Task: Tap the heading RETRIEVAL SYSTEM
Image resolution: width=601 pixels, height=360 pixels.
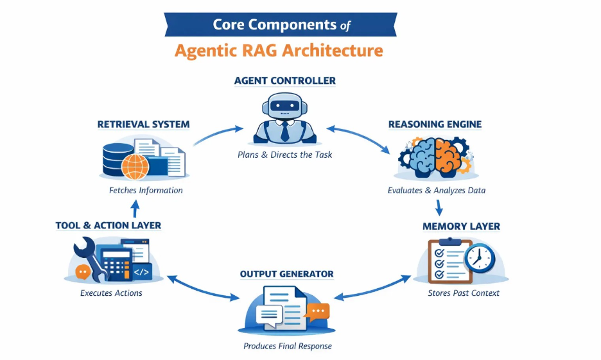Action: coord(143,124)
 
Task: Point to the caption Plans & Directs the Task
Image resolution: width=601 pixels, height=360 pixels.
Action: coord(284,155)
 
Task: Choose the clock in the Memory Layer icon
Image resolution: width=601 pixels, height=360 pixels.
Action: coord(480,258)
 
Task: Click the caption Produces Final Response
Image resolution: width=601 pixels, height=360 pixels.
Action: coord(287,347)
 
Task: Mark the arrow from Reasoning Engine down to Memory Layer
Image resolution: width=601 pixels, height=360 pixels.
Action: coord(439,207)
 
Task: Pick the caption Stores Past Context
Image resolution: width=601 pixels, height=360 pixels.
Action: coord(463,293)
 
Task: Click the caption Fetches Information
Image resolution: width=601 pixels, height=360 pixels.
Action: coord(146,191)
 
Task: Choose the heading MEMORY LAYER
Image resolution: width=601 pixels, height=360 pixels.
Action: coord(460,227)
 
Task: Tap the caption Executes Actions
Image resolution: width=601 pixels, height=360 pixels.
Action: coord(111,293)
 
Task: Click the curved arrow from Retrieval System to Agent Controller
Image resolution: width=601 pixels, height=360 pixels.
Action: coord(218,133)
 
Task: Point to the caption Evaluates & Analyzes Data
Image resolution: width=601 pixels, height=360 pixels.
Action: coord(436,191)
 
